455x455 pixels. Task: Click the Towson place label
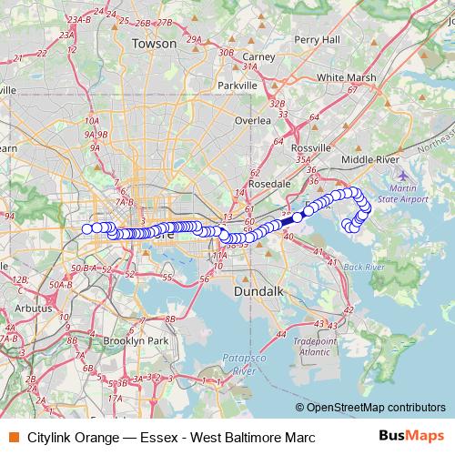153,43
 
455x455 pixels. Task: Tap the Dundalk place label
260,291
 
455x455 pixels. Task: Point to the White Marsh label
347,77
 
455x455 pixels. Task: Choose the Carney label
258,56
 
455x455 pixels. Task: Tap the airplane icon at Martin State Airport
404,174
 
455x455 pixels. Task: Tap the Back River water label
365,267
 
